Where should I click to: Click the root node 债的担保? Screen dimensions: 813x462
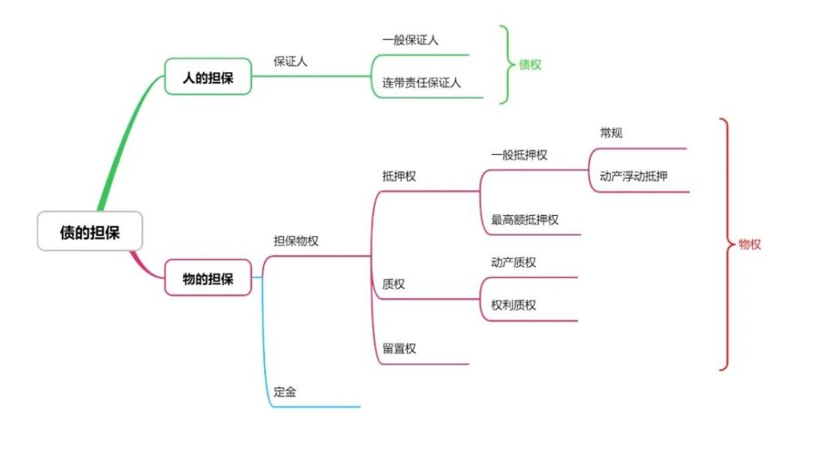point(89,231)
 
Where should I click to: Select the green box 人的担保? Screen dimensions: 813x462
point(208,76)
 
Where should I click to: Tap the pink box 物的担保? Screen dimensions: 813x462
point(208,278)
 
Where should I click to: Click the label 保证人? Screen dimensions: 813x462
point(290,62)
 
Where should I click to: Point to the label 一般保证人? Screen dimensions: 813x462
point(410,40)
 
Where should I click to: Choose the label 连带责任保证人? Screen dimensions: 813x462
point(421,82)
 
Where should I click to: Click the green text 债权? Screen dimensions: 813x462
point(530,65)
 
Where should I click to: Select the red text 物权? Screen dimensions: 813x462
point(750,244)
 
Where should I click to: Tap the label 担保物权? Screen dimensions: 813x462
point(296,241)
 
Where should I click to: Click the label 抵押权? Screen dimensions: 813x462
point(399,176)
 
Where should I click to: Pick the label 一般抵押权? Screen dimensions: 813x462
point(519,155)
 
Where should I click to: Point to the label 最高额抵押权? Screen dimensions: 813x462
point(524,219)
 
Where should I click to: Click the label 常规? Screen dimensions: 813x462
point(611,133)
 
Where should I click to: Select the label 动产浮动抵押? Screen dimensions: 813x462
point(633,176)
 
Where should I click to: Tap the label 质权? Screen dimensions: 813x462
point(393,284)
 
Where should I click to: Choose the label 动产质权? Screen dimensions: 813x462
point(513,262)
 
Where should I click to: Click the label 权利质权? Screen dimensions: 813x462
point(513,305)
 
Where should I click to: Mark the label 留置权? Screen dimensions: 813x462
point(399,348)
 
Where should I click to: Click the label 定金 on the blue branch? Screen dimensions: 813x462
point(285,392)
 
